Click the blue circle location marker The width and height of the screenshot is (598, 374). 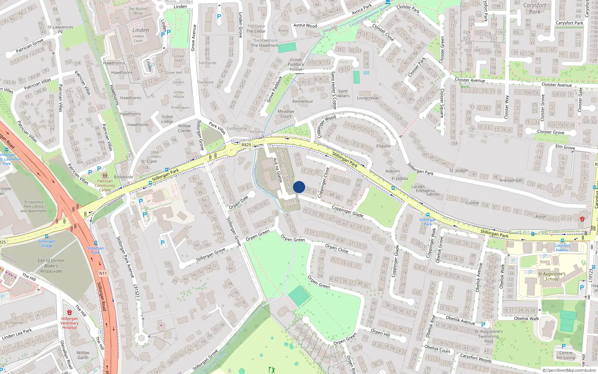click(299, 187)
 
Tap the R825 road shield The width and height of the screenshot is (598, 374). click(246, 145)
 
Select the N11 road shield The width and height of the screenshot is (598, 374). click(103, 273)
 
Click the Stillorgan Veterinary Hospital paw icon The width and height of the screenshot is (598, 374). click(69, 312)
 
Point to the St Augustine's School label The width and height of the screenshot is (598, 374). click(552, 276)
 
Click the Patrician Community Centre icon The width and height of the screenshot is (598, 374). click(105, 175)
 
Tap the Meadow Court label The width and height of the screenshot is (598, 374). click(286, 114)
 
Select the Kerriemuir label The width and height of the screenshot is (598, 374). click(303, 101)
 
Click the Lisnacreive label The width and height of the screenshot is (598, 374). click(367, 98)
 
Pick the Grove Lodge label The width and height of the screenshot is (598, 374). click(167, 119)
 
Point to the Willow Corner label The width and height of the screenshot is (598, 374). click(184, 128)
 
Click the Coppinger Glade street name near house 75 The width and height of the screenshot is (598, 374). click(347, 211)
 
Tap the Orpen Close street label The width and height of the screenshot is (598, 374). click(336, 248)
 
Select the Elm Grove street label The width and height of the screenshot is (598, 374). click(565, 147)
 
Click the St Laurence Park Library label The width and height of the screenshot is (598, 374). click(34, 206)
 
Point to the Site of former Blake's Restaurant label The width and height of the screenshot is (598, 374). click(51, 266)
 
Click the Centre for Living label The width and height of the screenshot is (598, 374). click(565, 355)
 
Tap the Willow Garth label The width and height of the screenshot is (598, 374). click(83, 355)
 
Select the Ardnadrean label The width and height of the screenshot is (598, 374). click(511, 180)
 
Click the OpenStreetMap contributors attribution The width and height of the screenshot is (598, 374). click(569, 370)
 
